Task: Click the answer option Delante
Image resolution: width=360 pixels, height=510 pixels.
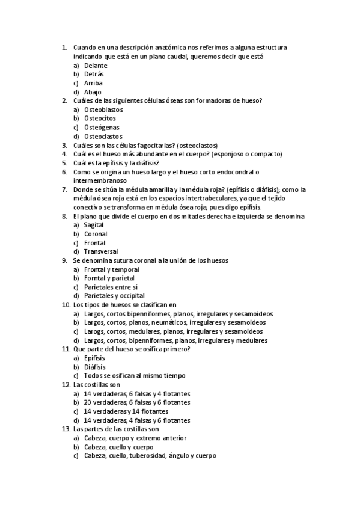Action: (x=96, y=65)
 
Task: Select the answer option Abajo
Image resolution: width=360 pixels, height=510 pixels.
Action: (x=93, y=92)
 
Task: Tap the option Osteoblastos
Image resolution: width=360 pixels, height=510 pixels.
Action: (x=103, y=110)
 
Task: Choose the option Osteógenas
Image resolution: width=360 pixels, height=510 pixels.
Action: (x=102, y=127)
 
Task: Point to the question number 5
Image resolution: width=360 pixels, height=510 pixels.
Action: (x=64, y=163)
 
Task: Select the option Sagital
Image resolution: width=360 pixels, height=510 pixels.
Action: (x=94, y=225)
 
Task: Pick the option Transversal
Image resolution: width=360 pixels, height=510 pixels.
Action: (x=101, y=251)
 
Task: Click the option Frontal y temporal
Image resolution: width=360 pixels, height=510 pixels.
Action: (x=111, y=269)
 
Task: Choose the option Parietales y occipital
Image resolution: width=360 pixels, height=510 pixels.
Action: (x=114, y=296)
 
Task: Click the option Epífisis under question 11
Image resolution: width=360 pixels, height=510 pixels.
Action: (x=94, y=358)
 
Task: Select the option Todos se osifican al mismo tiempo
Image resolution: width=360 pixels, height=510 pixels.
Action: (x=135, y=375)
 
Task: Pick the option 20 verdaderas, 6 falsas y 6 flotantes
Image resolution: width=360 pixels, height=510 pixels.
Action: (x=137, y=402)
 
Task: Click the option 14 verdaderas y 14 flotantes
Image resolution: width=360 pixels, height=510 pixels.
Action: (x=126, y=411)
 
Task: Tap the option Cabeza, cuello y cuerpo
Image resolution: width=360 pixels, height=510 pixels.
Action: (x=118, y=447)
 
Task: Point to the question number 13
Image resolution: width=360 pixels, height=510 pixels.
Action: (x=66, y=429)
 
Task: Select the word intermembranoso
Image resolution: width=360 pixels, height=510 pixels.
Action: (x=99, y=180)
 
